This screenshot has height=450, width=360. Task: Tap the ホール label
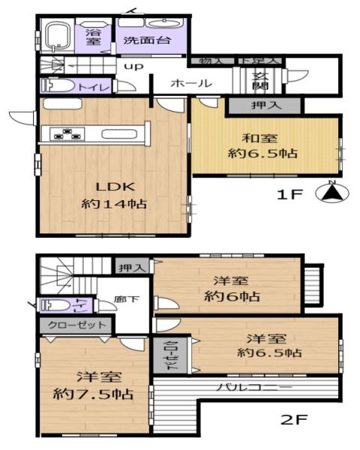tap(190, 84)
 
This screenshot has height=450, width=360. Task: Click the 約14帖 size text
tap(112, 204)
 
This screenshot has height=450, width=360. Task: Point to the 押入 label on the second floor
tap(130, 266)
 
